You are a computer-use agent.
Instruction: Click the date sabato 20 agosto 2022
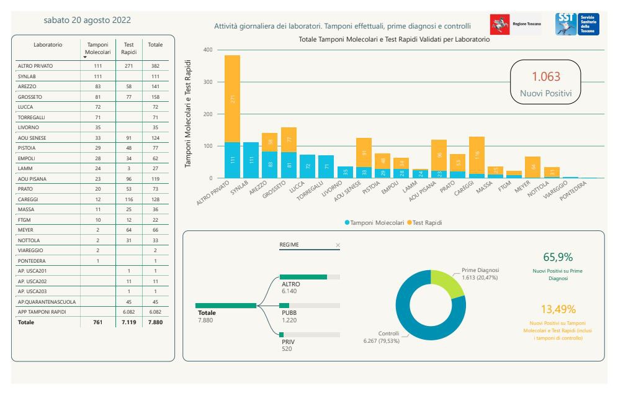tap(87, 20)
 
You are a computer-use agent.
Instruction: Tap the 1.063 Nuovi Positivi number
tap(546, 76)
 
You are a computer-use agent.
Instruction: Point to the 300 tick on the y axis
tap(207, 82)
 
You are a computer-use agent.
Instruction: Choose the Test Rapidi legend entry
tap(428, 222)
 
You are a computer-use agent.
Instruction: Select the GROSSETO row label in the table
tap(30, 97)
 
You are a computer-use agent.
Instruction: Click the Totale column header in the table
tap(155, 45)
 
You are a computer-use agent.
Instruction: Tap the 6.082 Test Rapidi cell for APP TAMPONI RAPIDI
tap(129, 312)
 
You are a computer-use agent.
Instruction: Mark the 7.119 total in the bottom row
tap(129, 322)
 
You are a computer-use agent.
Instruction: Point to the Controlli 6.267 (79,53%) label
tap(382, 337)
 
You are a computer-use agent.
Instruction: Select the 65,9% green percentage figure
tap(557, 257)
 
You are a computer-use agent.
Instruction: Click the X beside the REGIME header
tap(338, 245)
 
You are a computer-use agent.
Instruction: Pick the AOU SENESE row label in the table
tap(33, 137)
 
